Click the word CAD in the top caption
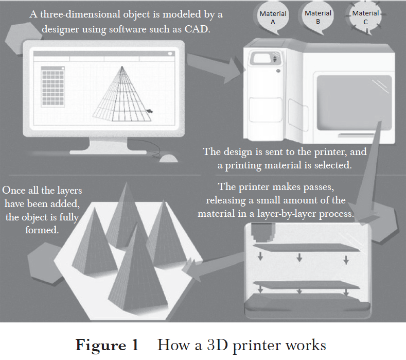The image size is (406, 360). [x=197, y=29]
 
